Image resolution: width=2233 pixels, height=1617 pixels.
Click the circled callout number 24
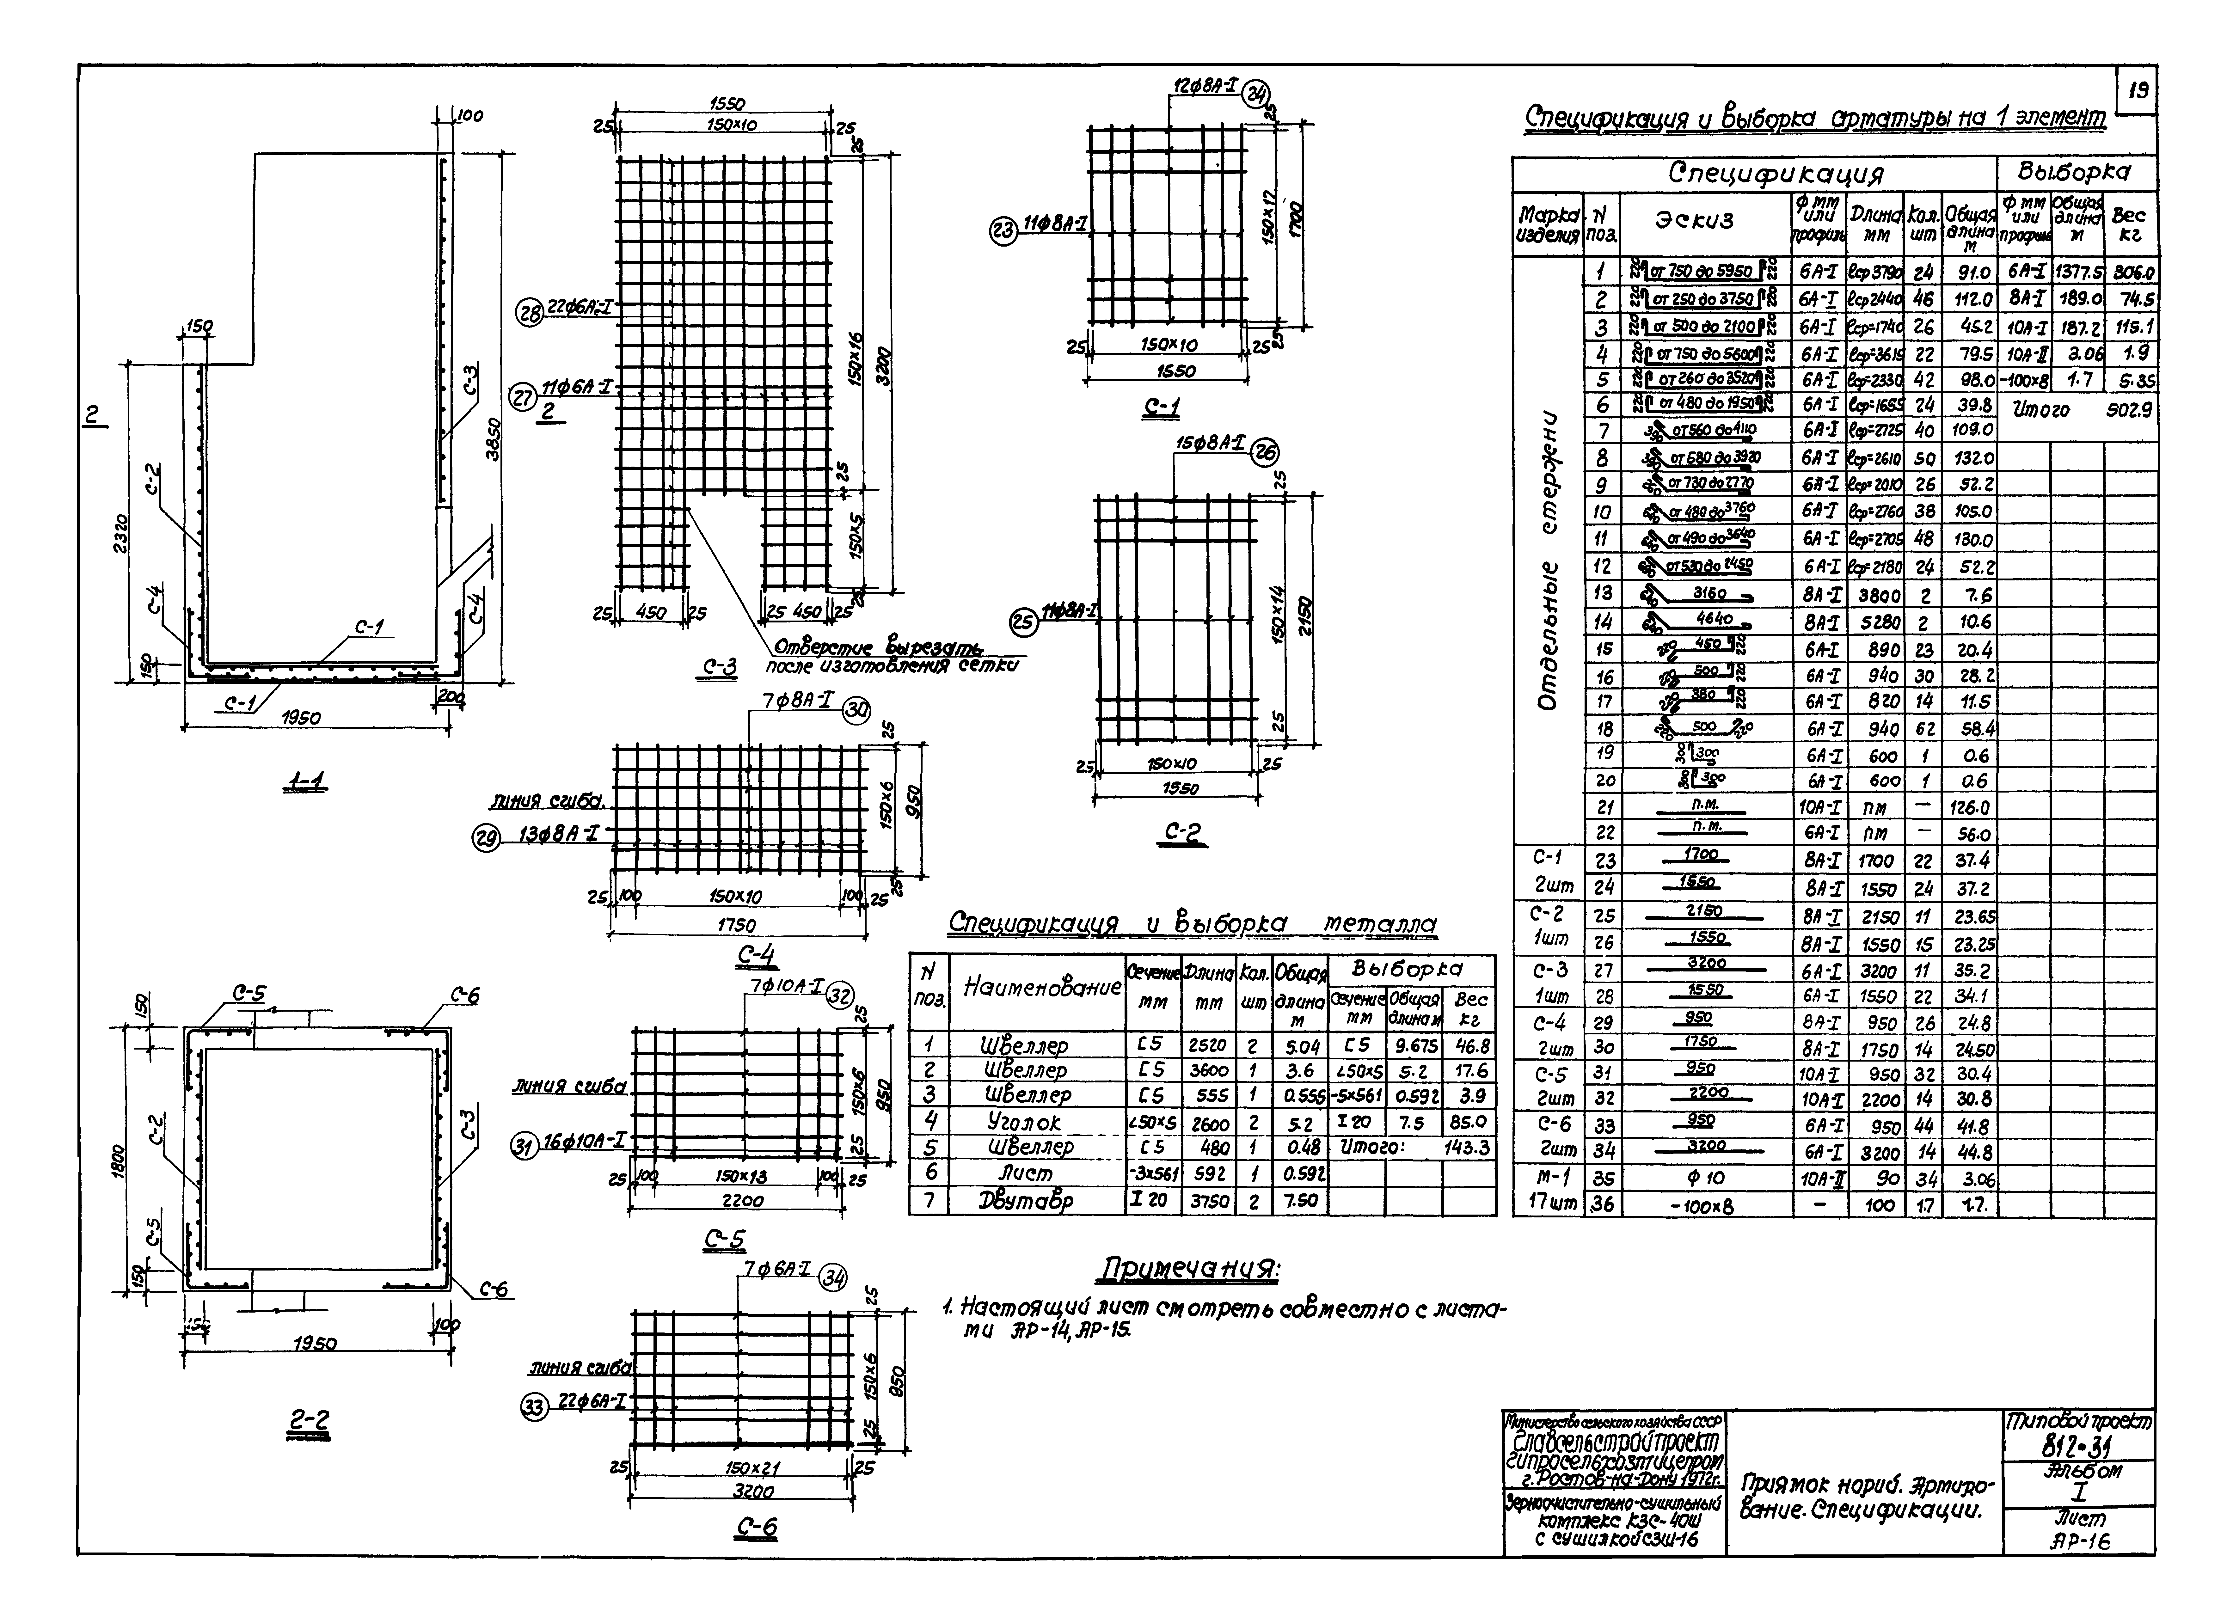1256,95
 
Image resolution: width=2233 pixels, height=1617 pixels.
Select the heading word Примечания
1189,1270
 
